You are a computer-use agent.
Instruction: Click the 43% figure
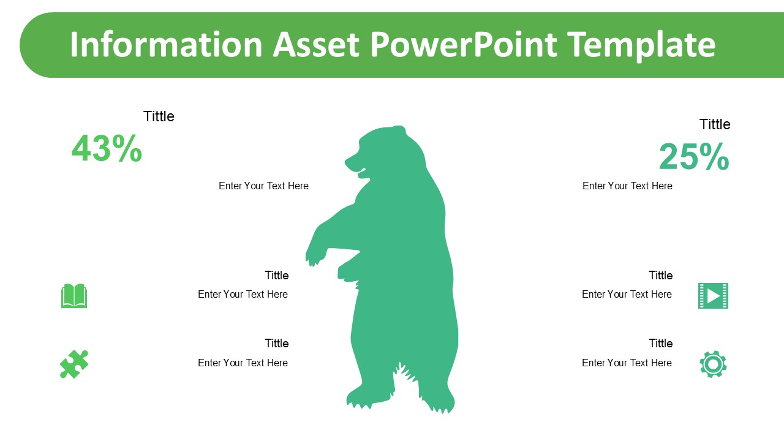(107, 148)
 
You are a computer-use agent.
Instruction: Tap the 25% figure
(695, 156)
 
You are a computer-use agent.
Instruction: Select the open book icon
(74, 296)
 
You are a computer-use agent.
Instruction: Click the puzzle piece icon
(74, 364)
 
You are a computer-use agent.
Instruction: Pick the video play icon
(713, 296)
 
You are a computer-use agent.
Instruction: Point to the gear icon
(713, 364)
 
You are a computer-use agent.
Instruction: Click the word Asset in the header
(316, 45)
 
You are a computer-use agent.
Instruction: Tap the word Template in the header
(641, 45)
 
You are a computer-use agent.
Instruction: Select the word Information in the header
(166, 45)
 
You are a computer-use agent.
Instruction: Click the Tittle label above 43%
(159, 116)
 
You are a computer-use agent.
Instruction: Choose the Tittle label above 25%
(715, 124)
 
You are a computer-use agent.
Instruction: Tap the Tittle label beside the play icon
(661, 276)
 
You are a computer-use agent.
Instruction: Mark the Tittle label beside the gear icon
(661, 344)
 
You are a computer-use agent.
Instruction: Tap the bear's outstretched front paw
(315, 257)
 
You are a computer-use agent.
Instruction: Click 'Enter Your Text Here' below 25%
(627, 186)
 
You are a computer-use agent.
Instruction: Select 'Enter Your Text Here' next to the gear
(627, 363)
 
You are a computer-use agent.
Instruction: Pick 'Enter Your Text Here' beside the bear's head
(263, 186)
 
